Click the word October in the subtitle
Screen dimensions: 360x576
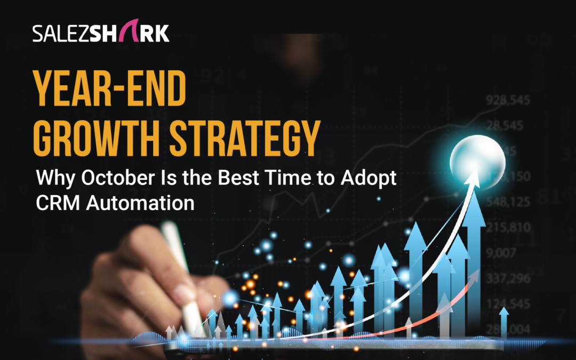coord(106,178)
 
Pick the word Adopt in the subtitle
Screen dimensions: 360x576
coord(371,179)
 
